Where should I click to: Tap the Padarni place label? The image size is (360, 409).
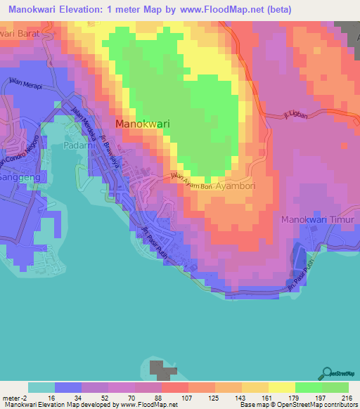point(78,145)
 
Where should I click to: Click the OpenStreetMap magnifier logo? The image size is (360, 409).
point(328,374)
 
